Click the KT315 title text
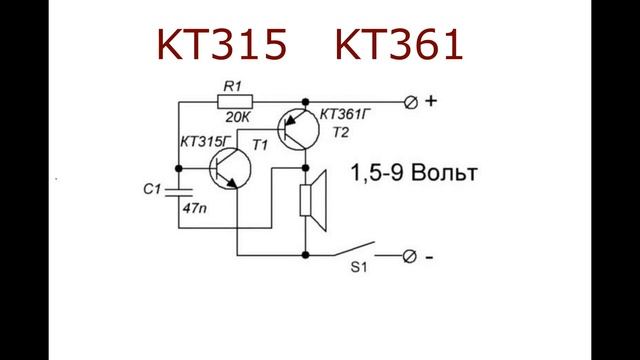pos(222,45)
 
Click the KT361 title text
pos(399,45)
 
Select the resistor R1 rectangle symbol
pos(235,102)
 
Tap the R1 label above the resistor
pos(233,86)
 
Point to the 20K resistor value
pos(237,118)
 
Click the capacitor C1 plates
pos(178,192)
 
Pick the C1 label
pos(152,189)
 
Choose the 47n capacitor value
pos(194,209)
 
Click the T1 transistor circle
pos(230,169)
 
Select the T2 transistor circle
pos(298,129)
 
